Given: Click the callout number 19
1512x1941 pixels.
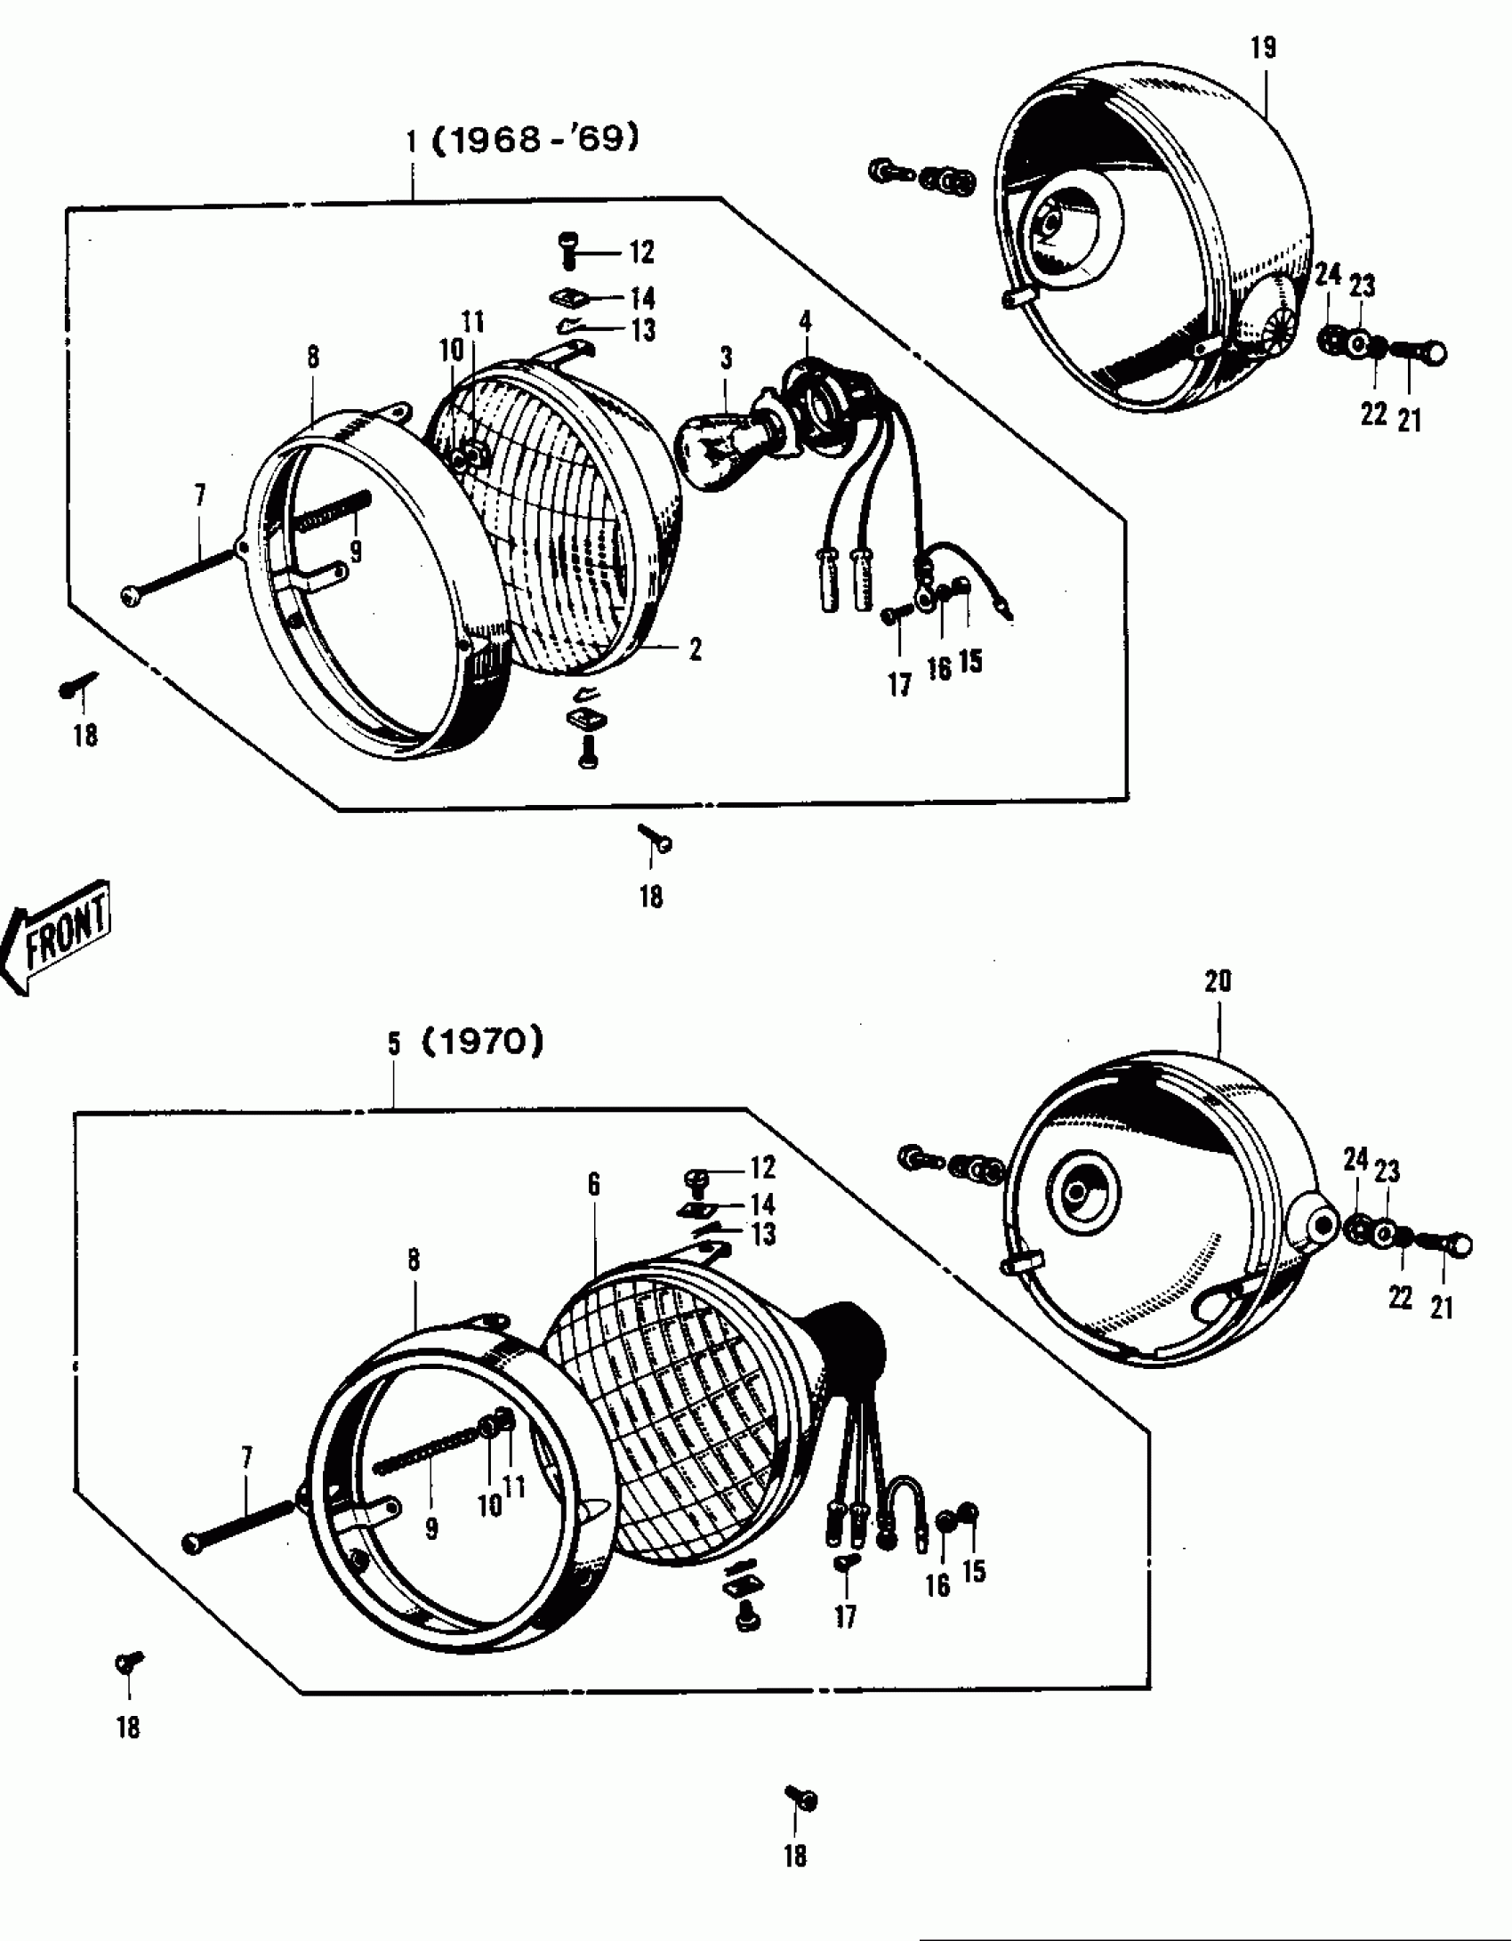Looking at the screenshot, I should (1263, 47).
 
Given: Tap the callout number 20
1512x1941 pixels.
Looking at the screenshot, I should (1218, 981).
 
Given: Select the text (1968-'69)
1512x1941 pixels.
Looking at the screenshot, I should (535, 140).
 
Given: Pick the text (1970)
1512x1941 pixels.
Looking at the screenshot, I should (481, 1042).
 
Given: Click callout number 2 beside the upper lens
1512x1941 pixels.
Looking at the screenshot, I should (695, 649).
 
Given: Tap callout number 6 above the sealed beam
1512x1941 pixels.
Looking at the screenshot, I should (593, 1184).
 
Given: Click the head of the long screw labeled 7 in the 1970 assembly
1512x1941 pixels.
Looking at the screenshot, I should (192, 1543).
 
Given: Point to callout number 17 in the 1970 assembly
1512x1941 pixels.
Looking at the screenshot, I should (845, 1616).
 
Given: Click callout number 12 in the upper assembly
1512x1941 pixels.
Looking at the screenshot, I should (642, 253).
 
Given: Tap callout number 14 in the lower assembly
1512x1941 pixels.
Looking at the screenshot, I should (762, 1205).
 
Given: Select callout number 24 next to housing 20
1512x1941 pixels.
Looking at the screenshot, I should (1355, 1159).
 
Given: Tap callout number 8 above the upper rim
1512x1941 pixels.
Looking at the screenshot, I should (312, 358).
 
